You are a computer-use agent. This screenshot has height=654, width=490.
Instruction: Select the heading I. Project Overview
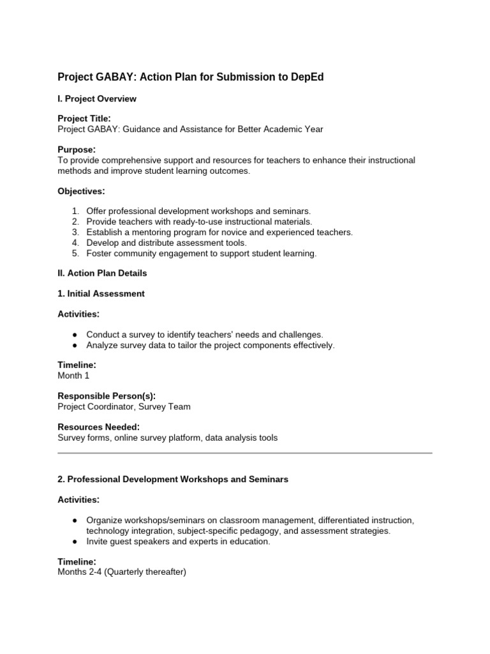click(x=97, y=99)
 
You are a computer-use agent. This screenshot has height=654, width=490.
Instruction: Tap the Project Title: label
click(x=84, y=118)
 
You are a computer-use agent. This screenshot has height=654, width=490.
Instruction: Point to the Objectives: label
click(x=81, y=191)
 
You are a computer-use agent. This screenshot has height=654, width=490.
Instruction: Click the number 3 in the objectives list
click(x=75, y=232)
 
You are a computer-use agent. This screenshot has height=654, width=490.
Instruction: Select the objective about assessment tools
click(x=167, y=243)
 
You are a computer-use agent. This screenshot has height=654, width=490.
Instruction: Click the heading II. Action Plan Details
click(x=102, y=273)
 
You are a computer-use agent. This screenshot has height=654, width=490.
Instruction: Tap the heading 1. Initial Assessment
click(x=101, y=294)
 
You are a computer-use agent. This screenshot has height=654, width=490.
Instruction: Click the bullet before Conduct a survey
click(x=75, y=335)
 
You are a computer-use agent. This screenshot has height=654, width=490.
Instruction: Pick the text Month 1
click(x=73, y=376)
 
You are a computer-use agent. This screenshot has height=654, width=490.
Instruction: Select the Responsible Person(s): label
click(x=107, y=396)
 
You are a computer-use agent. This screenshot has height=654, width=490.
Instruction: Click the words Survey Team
click(x=168, y=406)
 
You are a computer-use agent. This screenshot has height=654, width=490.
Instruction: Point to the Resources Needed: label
click(x=99, y=427)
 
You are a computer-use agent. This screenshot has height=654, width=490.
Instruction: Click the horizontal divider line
click(x=245, y=453)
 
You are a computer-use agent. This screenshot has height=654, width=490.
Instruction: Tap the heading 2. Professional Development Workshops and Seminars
click(x=173, y=479)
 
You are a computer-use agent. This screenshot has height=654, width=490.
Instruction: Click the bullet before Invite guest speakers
click(x=75, y=542)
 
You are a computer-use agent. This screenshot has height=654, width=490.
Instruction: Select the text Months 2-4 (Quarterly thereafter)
click(x=122, y=572)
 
